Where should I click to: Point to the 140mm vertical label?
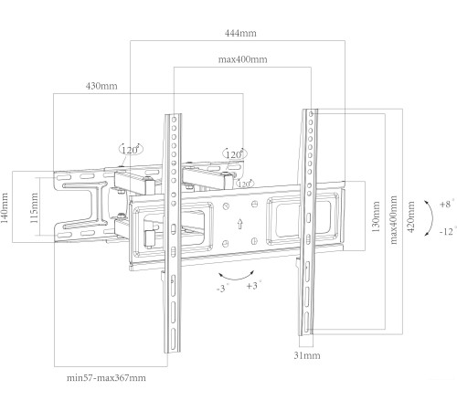pos(8,207)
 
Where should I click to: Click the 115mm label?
pos(34,207)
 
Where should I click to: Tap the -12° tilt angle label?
pos(447,232)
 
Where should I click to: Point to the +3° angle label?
pos(253,285)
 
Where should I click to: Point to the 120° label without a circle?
pos(245,183)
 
